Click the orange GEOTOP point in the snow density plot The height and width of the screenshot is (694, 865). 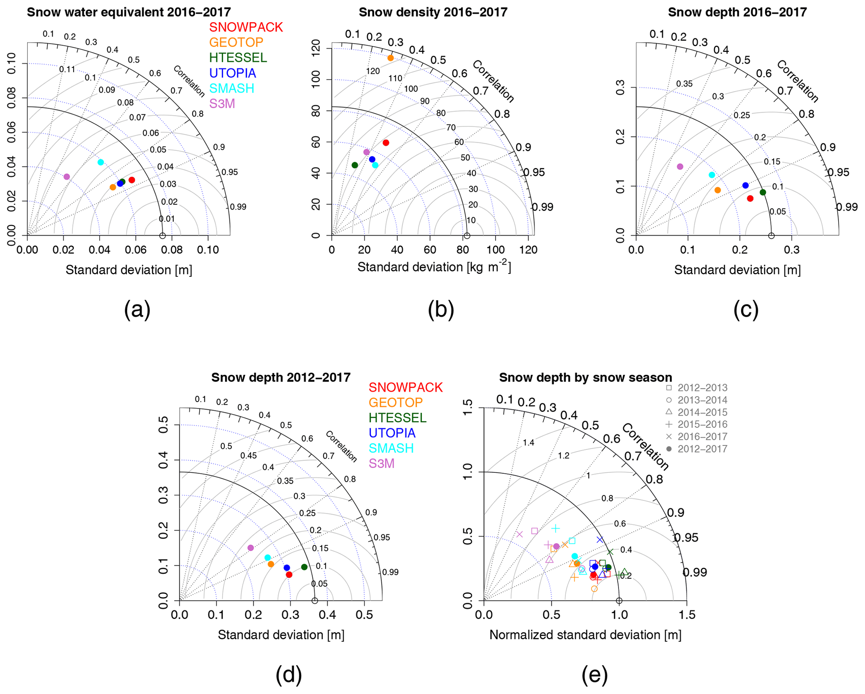[x=390, y=58]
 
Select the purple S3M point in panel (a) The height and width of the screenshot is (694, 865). [x=67, y=177]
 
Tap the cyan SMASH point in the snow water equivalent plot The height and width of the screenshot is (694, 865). [x=100, y=162]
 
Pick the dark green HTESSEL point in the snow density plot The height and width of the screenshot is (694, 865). [x=355, y=165]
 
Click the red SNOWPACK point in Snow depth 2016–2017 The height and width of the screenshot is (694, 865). [x=750, y=199]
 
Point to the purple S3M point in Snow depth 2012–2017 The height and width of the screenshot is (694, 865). [x=251, y=548]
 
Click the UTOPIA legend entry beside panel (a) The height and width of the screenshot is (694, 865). [x=232, y=73]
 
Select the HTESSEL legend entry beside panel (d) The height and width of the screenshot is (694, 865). [x=397, y=418]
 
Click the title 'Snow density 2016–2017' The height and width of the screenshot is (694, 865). [x=433, y=12]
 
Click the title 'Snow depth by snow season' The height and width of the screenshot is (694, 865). [x=585, y=377]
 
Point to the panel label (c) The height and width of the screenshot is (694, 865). [x=746, y=310]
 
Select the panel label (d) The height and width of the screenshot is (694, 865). [x=288, y=675]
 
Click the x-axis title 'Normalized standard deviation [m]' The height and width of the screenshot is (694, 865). [x=585, y=635]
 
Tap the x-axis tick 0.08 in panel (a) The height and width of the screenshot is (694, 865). [x=172, y=250]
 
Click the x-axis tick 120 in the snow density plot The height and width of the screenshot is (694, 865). [x=528, y=250]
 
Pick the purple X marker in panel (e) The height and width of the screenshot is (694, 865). [x=520, y=534]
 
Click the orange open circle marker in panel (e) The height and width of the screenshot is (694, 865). [x=594, y=589]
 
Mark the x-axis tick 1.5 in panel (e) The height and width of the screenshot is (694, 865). [x=687, y=615]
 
